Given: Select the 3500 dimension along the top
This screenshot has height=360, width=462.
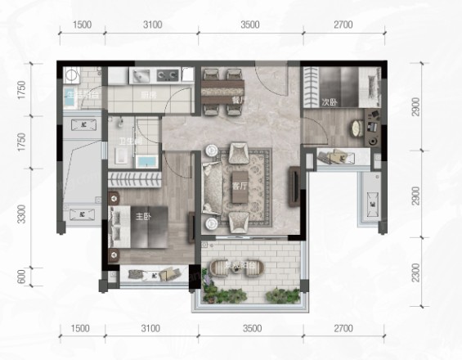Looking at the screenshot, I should click(x=250, y=25).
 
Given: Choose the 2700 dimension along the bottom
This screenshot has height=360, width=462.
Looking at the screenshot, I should click(x=343, y=329).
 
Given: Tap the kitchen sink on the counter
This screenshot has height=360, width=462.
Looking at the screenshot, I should click(x=140, y=76).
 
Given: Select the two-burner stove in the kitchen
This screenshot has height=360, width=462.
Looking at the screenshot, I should click(x=168, y=76).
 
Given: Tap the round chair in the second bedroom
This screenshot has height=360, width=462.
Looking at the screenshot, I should click(x=357, y=128).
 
